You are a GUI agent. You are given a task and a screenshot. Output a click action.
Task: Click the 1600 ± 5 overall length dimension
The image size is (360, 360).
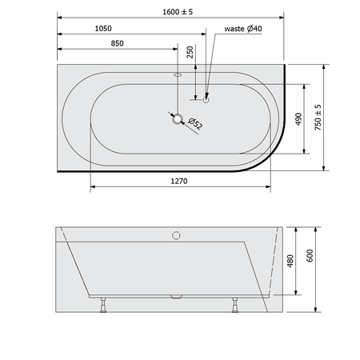(178, 12)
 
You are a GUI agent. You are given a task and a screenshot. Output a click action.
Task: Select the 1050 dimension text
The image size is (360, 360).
(103, 29)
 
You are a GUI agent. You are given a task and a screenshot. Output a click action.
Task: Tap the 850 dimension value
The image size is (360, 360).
(117, 43)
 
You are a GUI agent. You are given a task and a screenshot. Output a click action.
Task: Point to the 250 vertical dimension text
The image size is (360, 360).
(190, 52)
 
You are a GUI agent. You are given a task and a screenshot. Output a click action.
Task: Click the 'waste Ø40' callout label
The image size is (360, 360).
(243, 29)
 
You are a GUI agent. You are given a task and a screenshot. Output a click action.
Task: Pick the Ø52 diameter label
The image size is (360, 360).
(195, 123)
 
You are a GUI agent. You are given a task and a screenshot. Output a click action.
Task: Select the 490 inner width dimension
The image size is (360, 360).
(298, 119)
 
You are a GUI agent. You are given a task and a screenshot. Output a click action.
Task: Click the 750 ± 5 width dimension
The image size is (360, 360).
(318, 118)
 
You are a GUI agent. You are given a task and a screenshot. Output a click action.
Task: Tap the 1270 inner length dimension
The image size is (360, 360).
(179, 182)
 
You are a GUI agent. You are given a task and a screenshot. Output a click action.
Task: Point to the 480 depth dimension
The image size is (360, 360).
(290, 261)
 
